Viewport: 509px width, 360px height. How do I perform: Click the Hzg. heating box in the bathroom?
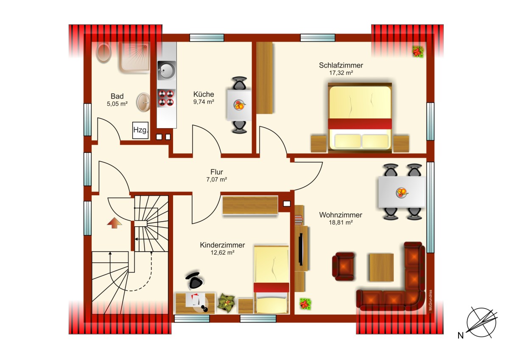pos(140,130)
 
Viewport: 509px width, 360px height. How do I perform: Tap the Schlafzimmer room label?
pos(341,65)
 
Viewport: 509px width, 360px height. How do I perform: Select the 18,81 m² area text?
pos(341,222)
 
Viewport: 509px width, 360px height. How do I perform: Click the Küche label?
pos(204,94)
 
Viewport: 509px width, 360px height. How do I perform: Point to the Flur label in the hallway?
pos(217,172)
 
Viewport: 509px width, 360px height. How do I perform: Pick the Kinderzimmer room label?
pos(222,245)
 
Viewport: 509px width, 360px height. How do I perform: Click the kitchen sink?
pos(167,70)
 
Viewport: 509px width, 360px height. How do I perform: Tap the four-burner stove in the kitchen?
pos(166,98)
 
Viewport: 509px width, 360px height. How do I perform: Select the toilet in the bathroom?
pos(103,53)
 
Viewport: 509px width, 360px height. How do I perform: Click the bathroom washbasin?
pos(143,102)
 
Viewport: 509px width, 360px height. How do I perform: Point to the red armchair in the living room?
pos(343,266)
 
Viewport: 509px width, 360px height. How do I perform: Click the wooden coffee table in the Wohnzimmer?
pos(381,267)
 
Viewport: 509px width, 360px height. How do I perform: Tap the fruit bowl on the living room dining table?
pos(402,193)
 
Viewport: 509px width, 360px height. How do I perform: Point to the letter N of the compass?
pos(460,335)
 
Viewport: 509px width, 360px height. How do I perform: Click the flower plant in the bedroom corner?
pos(418,52)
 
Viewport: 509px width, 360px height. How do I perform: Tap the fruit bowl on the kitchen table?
pos(239,105)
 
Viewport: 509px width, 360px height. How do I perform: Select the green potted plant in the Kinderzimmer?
pos(226,303)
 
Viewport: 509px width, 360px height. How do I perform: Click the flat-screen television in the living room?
pos(301,249)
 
